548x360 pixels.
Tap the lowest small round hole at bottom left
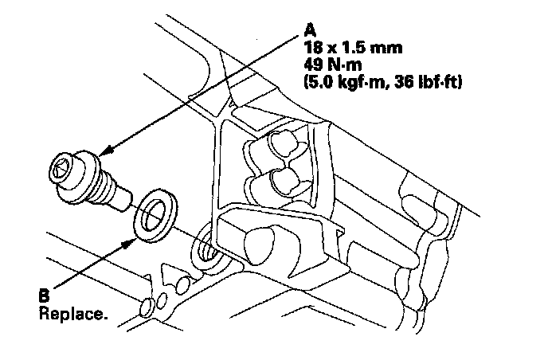pos(146,307)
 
